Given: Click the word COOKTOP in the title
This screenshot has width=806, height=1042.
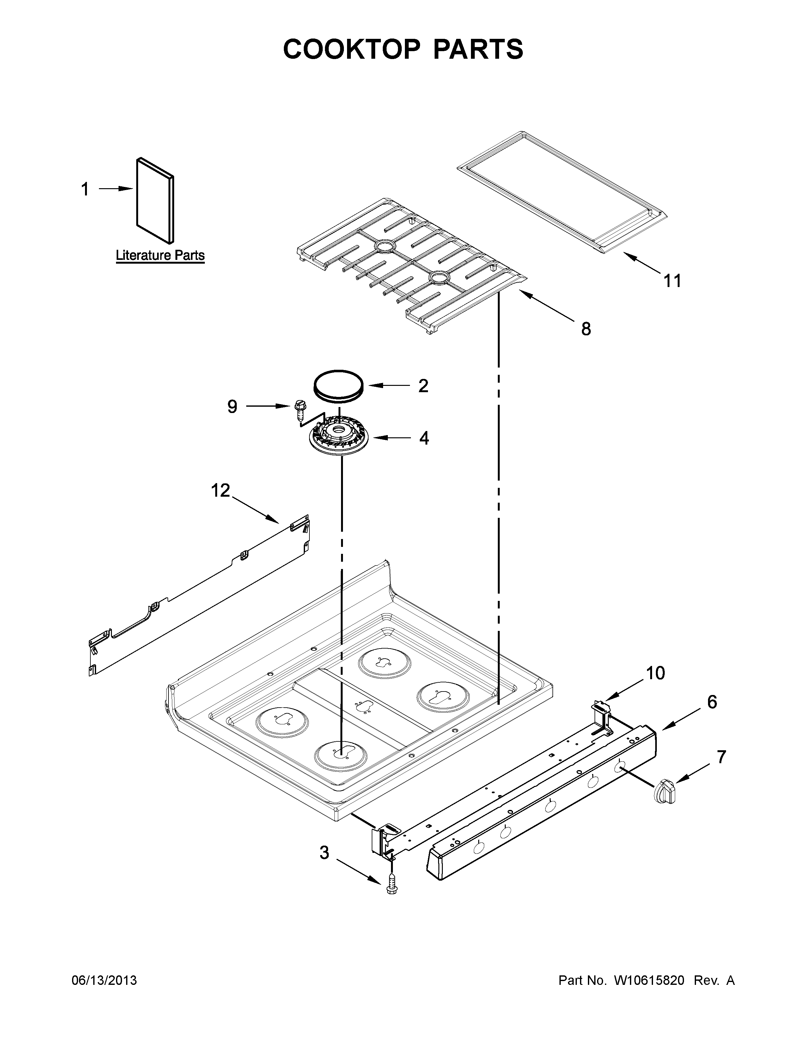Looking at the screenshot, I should click(352, 49).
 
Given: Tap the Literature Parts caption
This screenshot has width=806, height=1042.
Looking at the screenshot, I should click(160, 256).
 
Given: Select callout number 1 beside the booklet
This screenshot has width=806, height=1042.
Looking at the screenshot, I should click(85, 189).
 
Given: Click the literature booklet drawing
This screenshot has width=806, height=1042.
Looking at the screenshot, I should click(155, 201).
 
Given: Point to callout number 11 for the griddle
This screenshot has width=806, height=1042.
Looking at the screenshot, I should click(672, 281).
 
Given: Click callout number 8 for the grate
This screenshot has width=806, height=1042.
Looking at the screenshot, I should click(586, 329).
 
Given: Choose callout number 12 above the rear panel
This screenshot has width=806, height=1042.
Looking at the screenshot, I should click(221, 490).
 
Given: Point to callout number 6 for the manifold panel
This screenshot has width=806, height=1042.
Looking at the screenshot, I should click(712, 702).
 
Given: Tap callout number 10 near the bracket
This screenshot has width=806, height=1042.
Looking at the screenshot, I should click(656, 673).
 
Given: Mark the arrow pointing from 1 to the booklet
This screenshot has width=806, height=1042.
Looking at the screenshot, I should click(116, 189).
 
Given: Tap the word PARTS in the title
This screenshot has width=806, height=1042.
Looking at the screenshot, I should click(478, 49).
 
